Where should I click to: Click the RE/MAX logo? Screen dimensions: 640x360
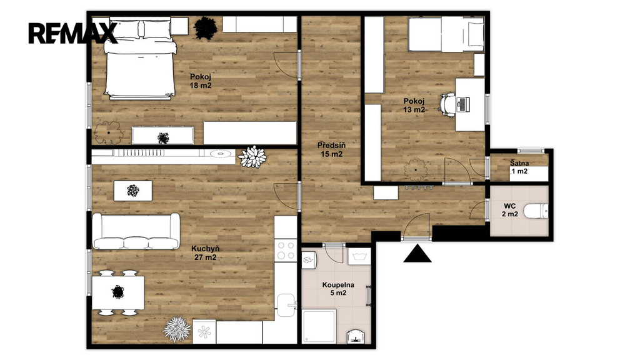click(x=72, y=33)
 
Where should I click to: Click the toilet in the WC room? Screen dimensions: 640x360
click(x=536, y=211)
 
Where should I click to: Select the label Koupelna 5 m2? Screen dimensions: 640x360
click(x=338, y=289)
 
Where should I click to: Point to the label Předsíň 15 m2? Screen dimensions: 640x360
click(x=331, y=149)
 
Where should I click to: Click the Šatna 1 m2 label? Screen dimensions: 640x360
click(x=519, y=167)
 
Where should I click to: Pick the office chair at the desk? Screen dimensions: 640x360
click(x=447, y=105)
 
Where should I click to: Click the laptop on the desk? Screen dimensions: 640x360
click(x=463, y=104)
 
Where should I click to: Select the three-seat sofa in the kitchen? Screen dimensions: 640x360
click(x=136, y=231)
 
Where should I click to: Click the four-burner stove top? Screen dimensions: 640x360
click(x=286, y=251)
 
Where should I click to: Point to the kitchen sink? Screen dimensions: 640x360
click(x=286, y=305)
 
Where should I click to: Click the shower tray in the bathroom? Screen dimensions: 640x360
click(x=319, y=326)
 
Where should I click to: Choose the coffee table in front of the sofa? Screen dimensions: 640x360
click(x=133, y=191)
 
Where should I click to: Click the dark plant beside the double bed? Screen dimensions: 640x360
click(x=205, y=28)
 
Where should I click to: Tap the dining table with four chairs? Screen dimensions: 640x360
click(x=118, y=292)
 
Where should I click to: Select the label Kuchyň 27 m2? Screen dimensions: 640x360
click(x=205, y=253)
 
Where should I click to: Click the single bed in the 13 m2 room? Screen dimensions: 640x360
click(x=446, y=34)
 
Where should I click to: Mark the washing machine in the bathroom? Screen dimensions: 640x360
click(x=359, y=257)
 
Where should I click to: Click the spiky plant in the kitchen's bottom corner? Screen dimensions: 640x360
click(x=177, y=329)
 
